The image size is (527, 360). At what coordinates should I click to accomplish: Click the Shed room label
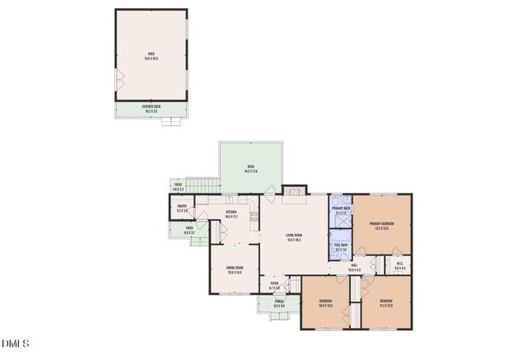pyautogui.click(x=151, y=55)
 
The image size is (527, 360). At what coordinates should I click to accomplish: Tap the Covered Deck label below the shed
pyautogui.click(x=151, y=109)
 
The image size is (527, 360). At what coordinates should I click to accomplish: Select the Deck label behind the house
pyautogui.click(x=251, y=170)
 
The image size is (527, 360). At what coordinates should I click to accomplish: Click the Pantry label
pyautogui.click(x=183, y=209)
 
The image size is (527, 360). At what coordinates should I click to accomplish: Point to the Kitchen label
pyautogui.click(x=231, y=214)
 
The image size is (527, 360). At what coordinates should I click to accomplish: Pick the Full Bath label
pyautogui.click(x=341, y=247)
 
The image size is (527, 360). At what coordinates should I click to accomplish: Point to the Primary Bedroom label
pyautogui.click(x=380, y=225)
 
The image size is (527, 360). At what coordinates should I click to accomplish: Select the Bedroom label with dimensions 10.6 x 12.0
pyautogui.click(x=325, y=302)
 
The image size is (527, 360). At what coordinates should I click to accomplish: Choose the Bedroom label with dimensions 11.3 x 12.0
pyautogui.click(x=386, y=302)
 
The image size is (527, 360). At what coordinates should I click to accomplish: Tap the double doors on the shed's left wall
pyautogui.click(x=119, y=79)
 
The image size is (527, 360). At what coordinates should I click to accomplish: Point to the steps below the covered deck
pyautogui.click(x=171, y=122)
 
